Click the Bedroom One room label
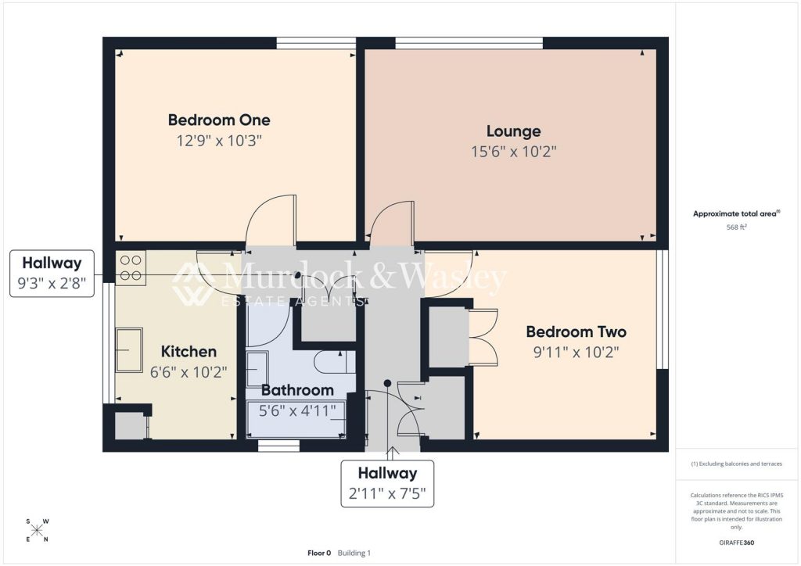coord(219,120)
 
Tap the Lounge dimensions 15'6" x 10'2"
coord(513,152)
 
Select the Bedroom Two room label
coord(576,331)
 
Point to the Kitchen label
coord(189,351)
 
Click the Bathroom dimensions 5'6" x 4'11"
coord(297,410)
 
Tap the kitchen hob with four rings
coord(131,267)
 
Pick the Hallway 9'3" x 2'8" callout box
coord(52,274)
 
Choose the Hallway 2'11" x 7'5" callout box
coord(387,483)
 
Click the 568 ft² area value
coord(736,227)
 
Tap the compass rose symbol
coord(37,530)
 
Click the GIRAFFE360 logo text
coord(736,542)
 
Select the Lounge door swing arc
coord(391,224)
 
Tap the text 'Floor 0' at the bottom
coord(319,553)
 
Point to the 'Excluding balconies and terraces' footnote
coord(736,464)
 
